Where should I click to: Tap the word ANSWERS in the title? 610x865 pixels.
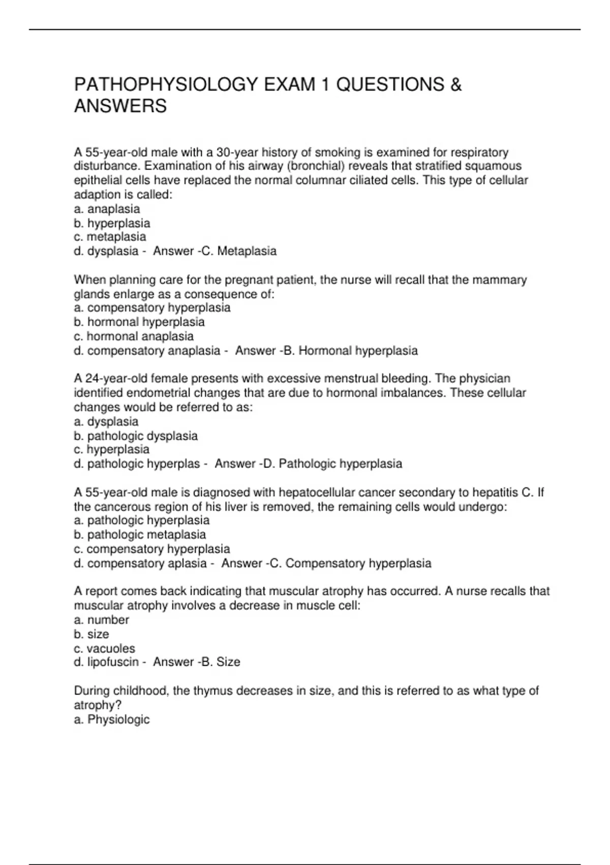120,106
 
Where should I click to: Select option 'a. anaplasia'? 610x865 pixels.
107,209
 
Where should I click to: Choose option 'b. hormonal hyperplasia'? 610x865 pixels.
139,322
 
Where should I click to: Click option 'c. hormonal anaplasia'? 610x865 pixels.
134,336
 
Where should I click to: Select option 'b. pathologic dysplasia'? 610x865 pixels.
136,436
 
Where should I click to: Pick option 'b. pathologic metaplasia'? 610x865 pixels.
140,535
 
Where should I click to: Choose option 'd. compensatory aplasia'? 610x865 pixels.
140,563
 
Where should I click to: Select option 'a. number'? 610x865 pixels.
102,620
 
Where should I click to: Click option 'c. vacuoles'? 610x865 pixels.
104,649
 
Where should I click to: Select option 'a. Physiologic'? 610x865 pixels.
112,719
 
